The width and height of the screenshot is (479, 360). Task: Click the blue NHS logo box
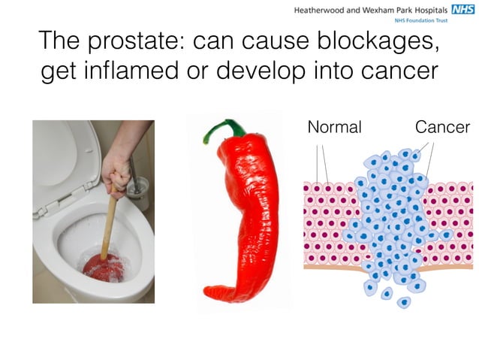coord(462,10)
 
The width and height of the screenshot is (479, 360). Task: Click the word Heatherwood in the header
coord(318,11)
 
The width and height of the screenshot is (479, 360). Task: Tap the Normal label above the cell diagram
coord(334,127)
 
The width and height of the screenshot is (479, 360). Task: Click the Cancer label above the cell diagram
coord(442,127)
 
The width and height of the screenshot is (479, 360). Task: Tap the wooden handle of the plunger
coord(110,222)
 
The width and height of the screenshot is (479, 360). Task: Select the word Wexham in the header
coord(369,11)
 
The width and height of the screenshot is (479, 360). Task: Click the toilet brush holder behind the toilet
coord(137,194)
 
